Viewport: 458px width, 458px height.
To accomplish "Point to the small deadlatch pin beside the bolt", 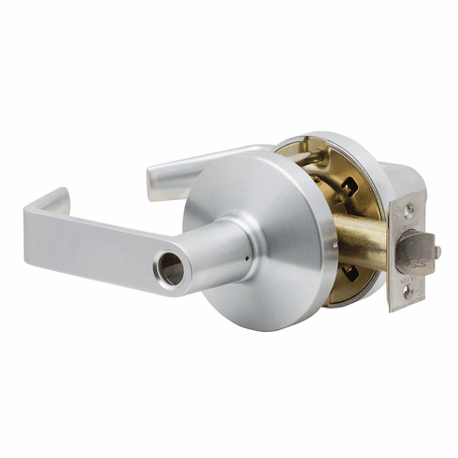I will [437, 251].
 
